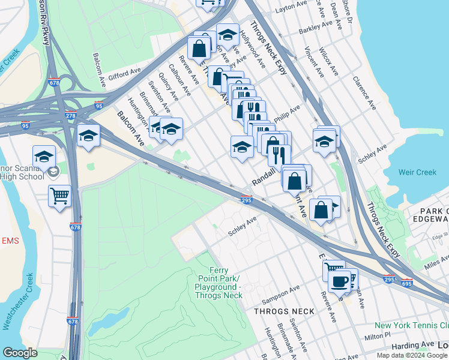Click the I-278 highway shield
point(70,115)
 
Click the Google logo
point(20,353)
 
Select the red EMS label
point(10,241)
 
